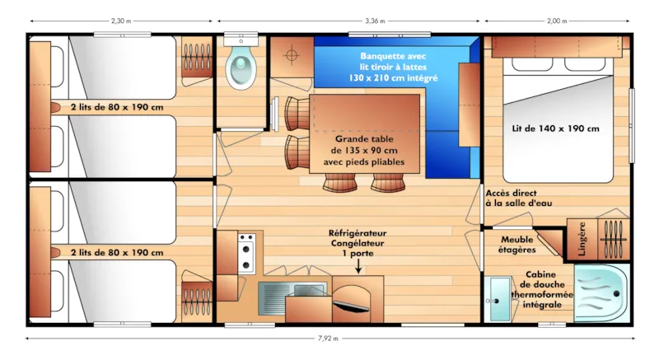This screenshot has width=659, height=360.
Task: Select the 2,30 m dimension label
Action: (x=123, y=21)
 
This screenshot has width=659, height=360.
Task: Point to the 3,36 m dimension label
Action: (x=349, y=21)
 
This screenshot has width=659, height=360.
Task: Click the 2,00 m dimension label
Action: (x=557, y=21)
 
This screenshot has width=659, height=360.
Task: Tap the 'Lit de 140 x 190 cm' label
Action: (x=556, y=128)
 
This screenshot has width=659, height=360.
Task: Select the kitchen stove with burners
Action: (x=245, y=254)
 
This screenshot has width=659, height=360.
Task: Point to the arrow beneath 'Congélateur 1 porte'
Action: (x=358, y=264)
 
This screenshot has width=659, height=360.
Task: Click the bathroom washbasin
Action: (x=498, y=297)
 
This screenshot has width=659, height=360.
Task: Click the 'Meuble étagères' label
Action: (x=519, y=244)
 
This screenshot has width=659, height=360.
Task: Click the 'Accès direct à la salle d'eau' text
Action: (x=516, y=197)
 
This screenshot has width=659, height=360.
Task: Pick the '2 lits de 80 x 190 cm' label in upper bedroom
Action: (x=116, y=107)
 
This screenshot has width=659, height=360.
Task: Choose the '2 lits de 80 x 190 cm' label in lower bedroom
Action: (x=116, y=253)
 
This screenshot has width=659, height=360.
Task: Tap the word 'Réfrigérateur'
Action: (x=358, y=234)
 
